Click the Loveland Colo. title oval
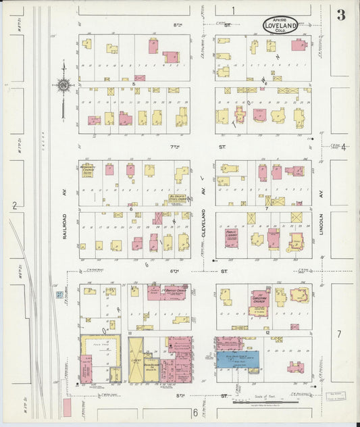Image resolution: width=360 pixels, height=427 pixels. [284, 26]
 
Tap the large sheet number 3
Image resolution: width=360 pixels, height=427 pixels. [341, 16]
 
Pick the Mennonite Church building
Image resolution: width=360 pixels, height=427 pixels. [86, 170]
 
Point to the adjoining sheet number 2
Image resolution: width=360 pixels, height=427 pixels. [14, 206]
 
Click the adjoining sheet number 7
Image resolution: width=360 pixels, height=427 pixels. [340, 334]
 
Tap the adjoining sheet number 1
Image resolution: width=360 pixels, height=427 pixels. [233, 9]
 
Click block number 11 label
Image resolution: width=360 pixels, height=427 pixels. [129, 333]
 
